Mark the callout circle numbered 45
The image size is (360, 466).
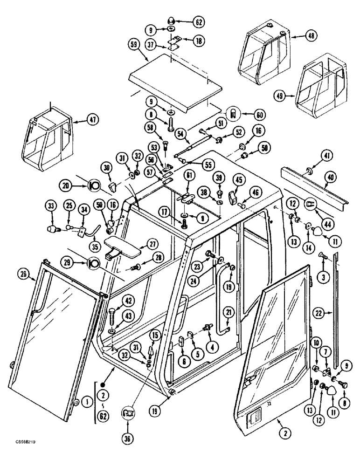pos(238,179)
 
